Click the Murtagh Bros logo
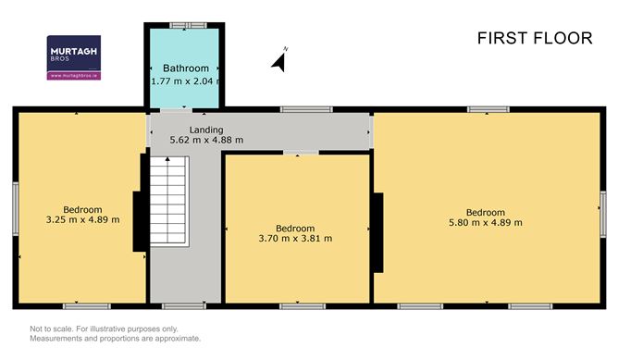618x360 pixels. (x=74, y=57)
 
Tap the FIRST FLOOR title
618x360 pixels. (x=535, y=38)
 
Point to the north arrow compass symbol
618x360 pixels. (x=279, y=61)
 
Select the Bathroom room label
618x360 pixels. (x=186, y=68)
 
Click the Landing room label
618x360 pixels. (x=206, y=130)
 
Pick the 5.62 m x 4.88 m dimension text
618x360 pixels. (x=206, y=140)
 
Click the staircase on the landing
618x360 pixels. (x=167, y=202)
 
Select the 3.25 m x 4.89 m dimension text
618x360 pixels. (x=82, y=219)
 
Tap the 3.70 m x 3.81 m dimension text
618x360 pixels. (x=295, y=238)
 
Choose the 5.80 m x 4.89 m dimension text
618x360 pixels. (x=486, y=222)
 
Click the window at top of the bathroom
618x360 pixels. (x=188, y=25)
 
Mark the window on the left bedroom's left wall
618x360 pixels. (x=16, y=208)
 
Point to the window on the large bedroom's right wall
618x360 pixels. (x=603, y=214)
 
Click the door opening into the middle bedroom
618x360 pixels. (x=301, y=152)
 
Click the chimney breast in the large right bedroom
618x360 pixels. (x=378, y=232)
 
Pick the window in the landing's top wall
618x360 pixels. (x=306, y=109)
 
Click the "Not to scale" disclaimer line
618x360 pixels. (x=104, y=329)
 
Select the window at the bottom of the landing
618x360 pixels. (x=184, y=306)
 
